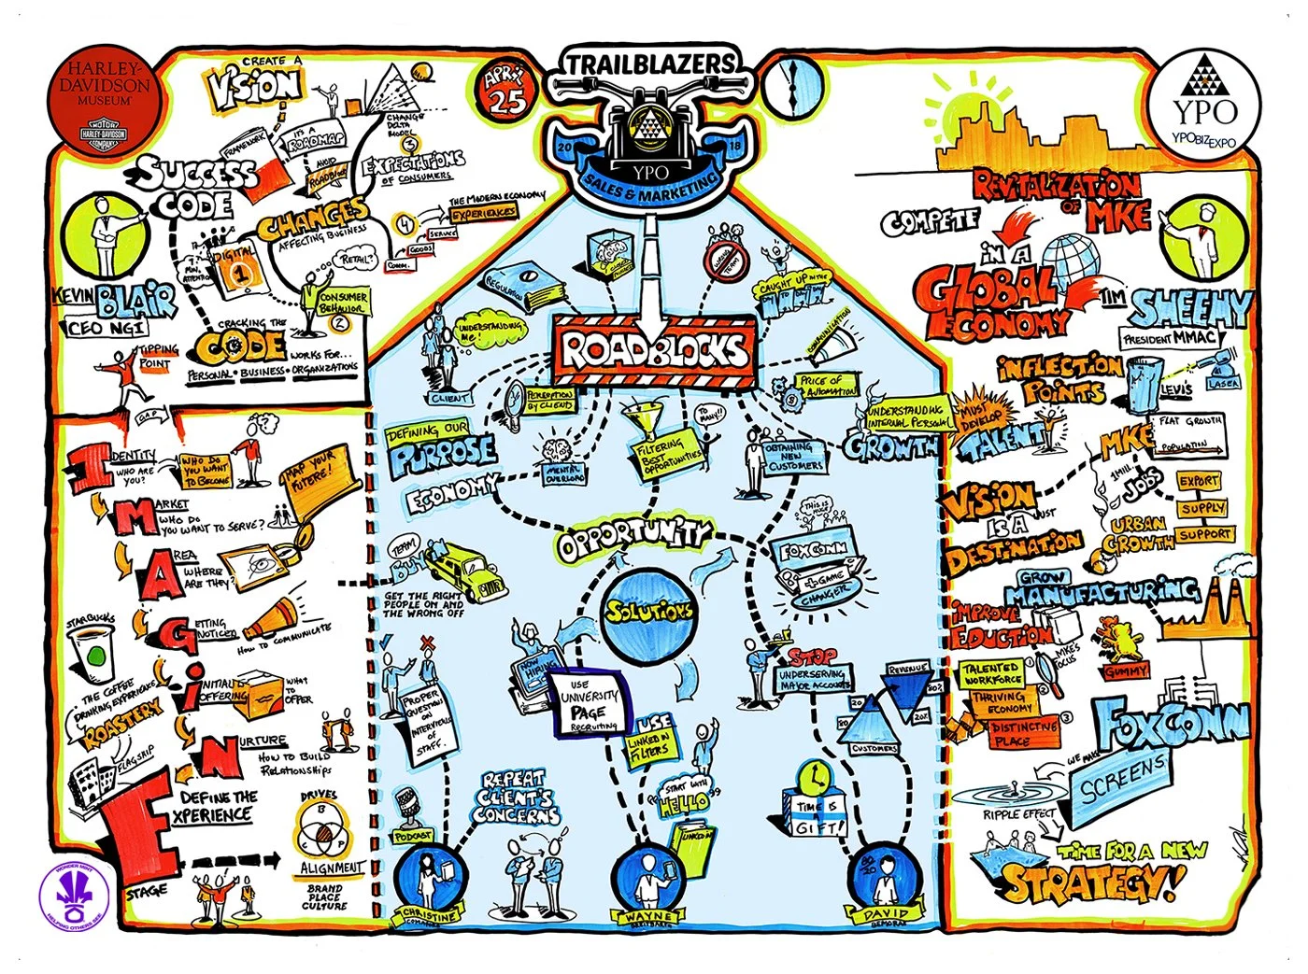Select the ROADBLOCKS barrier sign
point(655,349)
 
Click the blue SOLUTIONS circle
point(648,612)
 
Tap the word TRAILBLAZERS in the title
point(652,64)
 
